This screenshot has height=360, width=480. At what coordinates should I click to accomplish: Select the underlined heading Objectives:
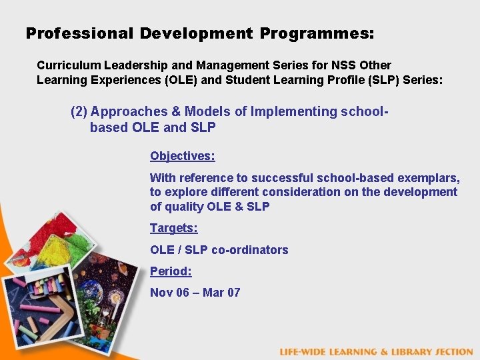click(x=182, y=156)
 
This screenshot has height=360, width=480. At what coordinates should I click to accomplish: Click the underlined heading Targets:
click(x=173, y=228)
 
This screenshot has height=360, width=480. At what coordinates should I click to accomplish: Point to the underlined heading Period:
click(x=171, y=271)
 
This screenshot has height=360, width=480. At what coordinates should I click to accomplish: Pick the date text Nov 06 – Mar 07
click(x=195, y=292)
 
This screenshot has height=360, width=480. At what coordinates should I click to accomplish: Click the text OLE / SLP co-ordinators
click(x=219, y=250)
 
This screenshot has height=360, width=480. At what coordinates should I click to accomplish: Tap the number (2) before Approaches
click(x=79, y=111)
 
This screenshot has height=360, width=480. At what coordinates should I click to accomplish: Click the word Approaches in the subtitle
click(x=125, y=111)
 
